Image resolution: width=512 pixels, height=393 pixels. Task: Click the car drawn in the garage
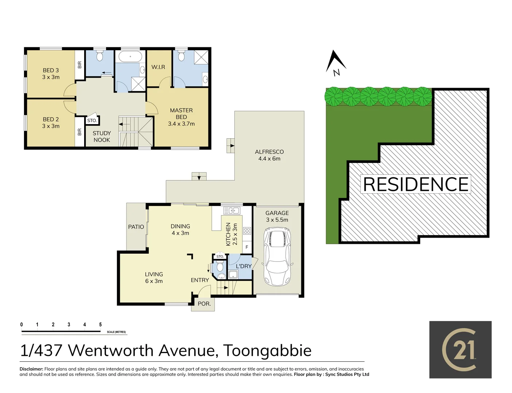click(x=278, y=257)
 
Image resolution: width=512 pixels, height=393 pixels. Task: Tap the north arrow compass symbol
click(x=336, y=63)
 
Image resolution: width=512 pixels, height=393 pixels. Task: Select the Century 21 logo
click(x=460, y=350)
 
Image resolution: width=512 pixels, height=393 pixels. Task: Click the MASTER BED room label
click(x=181, y=117)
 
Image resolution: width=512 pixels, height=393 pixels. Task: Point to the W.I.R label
click(x=158, y=67)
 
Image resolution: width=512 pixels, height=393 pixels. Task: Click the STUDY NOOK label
click(x=102, y=136)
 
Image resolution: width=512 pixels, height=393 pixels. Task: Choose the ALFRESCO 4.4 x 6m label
click(x=269, y=155)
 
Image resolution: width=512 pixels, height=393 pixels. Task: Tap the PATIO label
click(x=136, y=227)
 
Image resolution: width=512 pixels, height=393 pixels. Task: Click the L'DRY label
click(x=243, y=266)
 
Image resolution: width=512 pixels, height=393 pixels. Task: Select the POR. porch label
click(x=204, y=303)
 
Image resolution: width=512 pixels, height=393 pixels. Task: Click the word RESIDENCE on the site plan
click(x=416, y=184)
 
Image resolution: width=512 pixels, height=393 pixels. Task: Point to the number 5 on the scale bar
click(x=100, y=324)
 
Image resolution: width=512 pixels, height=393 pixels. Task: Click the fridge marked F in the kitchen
click(x=247, y=247)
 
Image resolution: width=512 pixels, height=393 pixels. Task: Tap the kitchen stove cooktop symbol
click(x=247, y=230)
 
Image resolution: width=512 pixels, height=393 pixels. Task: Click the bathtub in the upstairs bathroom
click(x=130, y=57)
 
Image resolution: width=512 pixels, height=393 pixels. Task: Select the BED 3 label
click(x=51, y=74)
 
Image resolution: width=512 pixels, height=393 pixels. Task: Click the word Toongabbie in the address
click(x=267, y=350)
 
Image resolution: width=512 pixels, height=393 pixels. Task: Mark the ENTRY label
click(x=200, y=280)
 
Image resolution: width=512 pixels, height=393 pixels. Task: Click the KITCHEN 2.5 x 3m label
click(x=231, y=234)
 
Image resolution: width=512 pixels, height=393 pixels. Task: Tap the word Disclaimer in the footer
click(x=31, y=369)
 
